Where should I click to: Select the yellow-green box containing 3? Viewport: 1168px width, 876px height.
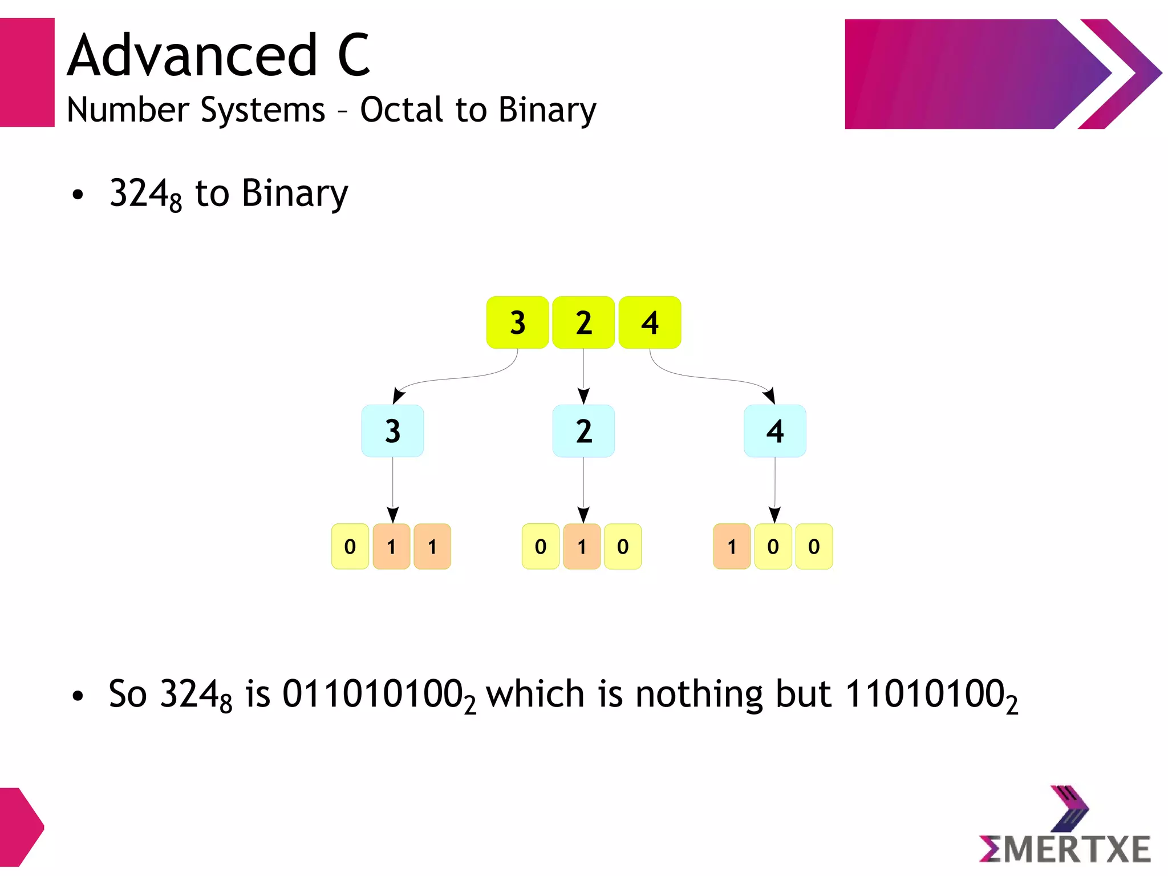click(x=517, y=322)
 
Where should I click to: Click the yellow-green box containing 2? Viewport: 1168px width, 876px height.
click(x=583, y=322)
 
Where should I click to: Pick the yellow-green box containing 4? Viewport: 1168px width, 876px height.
click(x=650, y=322)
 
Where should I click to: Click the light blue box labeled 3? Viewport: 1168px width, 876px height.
click(x=392, y=431)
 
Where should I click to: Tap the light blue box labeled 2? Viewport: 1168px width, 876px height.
click(x=583, y=431)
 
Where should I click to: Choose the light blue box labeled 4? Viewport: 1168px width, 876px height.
click(x=774, y=431)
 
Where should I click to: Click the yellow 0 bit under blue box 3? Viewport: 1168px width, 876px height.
click(x=350, y=547)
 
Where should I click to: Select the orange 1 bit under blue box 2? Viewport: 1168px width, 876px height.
click(x=582, y=547)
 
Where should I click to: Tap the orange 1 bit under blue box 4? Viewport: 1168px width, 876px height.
click(x=732, y=547)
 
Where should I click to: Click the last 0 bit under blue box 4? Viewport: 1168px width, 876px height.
click(x=814, y=547)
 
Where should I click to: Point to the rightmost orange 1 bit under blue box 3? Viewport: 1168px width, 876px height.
click(x=432, y=547)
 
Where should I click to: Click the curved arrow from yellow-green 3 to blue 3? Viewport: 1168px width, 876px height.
click(x=456, y=378)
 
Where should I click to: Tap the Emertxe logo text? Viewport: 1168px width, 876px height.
click(x=1065, y=849)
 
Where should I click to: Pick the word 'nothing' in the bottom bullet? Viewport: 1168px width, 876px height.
click(x=699, y=695)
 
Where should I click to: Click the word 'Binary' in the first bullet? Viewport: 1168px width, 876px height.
click(x=294, y=194)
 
